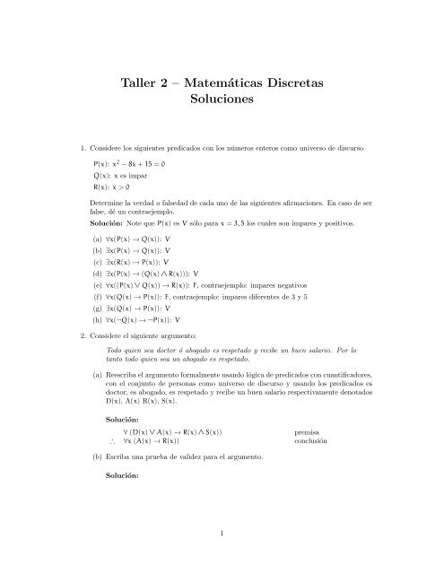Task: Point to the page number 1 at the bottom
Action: point(222,535)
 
